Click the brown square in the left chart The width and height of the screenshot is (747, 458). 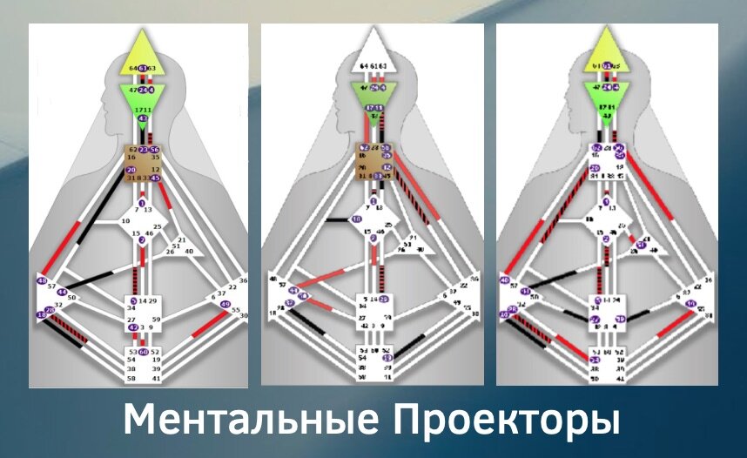pyautogui.click(x=144, y=164)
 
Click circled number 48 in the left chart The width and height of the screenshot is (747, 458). pyautogui.click(x=42, y=280)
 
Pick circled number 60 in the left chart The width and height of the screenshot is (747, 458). pyautogui.click(x=144, y=352)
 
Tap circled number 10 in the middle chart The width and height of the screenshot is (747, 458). pyautogui.click(x=356, y=219)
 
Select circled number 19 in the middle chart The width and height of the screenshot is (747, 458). pyautogui.click(x=386, y=357)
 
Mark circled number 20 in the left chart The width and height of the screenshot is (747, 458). pyautogui.click(x=131, y=170)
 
